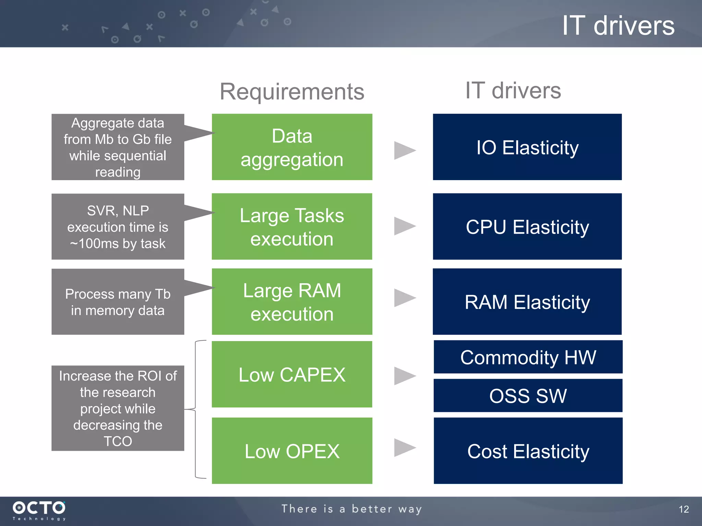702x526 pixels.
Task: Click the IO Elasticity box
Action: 527,147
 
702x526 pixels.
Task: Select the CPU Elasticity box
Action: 527,226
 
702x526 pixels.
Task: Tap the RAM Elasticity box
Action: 527,301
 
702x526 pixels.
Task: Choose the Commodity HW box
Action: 528,357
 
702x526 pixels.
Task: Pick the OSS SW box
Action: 528,395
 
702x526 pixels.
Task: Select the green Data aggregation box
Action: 292,147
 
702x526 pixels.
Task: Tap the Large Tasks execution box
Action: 292,226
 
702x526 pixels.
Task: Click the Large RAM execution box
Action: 292,301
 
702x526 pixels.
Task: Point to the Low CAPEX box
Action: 292,374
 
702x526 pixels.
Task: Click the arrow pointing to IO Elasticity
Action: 404,150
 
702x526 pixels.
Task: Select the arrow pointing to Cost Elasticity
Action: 404,448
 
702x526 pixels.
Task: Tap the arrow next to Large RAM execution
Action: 404,298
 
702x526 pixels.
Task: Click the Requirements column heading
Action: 292,91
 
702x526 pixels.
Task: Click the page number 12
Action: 683,509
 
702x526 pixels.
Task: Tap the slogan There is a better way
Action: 352,509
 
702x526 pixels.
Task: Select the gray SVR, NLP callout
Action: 118,226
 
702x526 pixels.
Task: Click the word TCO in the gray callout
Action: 118,441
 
